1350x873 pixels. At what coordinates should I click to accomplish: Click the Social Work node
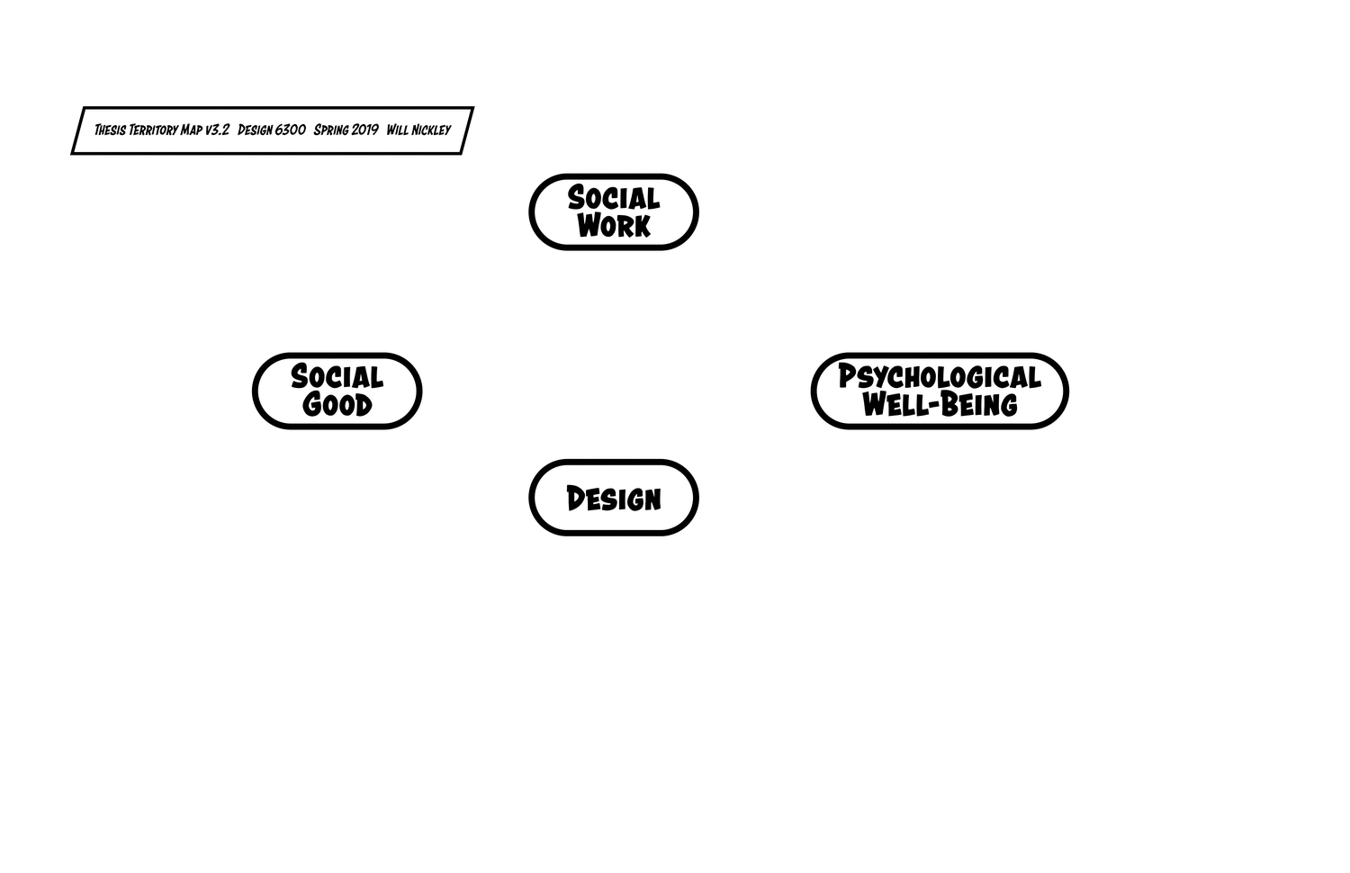613,211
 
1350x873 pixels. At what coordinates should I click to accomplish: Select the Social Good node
337,391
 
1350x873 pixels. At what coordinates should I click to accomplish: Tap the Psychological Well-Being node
939,391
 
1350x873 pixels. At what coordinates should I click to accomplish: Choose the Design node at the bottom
613,498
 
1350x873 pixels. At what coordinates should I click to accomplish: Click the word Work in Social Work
613,226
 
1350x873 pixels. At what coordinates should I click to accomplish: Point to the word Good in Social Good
337,405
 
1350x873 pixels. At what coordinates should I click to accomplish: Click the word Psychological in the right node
939,376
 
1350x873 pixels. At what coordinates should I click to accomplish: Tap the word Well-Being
939,405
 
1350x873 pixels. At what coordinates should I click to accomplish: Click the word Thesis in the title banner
110,130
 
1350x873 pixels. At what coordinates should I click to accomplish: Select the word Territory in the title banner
153,130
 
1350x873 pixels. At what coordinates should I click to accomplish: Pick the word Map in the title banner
191,130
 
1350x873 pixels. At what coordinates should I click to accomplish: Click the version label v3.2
217,130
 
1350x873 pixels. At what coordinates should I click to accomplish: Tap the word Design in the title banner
255,130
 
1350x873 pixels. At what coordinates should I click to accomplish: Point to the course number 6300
291,130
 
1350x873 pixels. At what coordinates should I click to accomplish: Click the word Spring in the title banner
331,130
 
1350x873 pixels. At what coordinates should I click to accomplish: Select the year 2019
364,130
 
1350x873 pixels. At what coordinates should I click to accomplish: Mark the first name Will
398,130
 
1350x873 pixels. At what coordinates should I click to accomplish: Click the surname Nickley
432,130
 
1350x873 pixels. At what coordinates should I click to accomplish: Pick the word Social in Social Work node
613,198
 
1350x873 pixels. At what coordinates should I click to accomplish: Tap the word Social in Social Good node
337,376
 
